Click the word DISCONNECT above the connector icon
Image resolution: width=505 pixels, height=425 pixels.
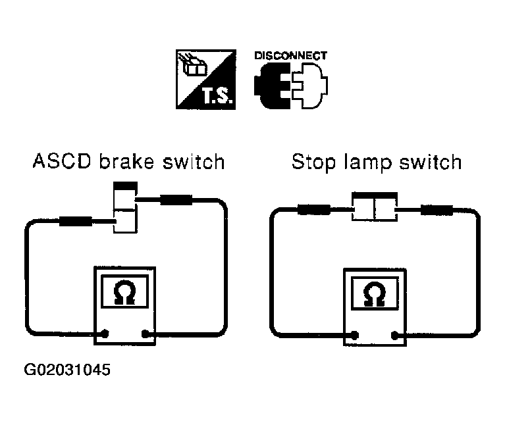click(290, 56)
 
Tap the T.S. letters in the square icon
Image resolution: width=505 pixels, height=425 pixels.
click(217, 95)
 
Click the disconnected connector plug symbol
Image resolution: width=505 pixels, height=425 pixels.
click(291, 86)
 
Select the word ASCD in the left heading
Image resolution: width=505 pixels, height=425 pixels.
click(62, 161)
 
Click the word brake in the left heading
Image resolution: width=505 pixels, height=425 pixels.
click(126, 161)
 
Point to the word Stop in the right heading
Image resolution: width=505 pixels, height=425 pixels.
click(313, 162)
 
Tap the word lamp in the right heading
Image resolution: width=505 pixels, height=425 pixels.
click(368, 162)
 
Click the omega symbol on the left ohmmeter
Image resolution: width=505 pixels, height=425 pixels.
click(124, 292)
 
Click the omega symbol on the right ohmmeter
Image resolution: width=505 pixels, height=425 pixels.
click(374, 294)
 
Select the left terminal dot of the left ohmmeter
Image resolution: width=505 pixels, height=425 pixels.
click(105, 334)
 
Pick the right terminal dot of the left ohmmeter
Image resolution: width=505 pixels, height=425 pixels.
click(146, 334)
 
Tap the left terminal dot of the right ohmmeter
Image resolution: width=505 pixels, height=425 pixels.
click(355, 336)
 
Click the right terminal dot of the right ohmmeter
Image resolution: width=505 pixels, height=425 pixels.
click(395, 336)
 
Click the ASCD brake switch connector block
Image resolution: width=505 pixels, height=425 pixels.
click(125, 207)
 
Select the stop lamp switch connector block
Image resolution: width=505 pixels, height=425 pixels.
click(374, 207)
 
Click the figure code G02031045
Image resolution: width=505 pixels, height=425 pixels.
click(67, 370)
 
